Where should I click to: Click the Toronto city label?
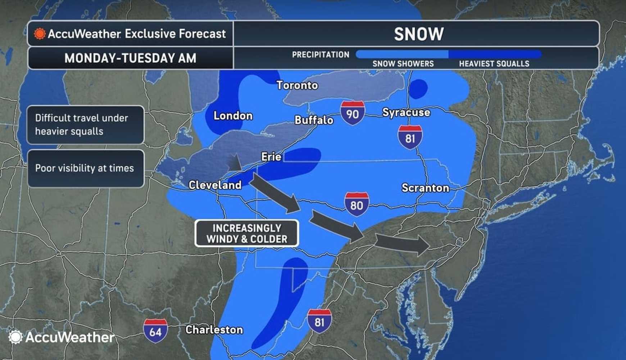tap(297, 85)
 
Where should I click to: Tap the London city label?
tap(233, 116)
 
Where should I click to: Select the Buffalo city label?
tap(314, 120)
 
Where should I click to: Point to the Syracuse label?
tap(406, 112)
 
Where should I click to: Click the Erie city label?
tap(271, 157)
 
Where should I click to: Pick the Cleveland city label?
tap(215, 185)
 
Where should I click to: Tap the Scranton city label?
tap(425, 188)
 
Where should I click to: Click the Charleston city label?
tap(214, 330)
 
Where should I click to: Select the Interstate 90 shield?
tap(352, 113)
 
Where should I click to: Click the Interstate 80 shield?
tap(356, 204)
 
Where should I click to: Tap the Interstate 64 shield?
tap(155, 330)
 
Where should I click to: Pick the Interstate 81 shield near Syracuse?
tap(410, 137)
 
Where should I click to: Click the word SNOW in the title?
tap(418, 34)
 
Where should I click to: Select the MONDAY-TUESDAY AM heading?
tap(130, 58)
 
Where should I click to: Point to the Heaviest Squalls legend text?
tap(494, 64)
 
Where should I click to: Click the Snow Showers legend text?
tap(403, 64)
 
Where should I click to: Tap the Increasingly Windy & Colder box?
tap(247, 233)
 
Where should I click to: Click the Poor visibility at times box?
tap(85, 168)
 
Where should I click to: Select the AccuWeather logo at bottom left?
tap(61, 337)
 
